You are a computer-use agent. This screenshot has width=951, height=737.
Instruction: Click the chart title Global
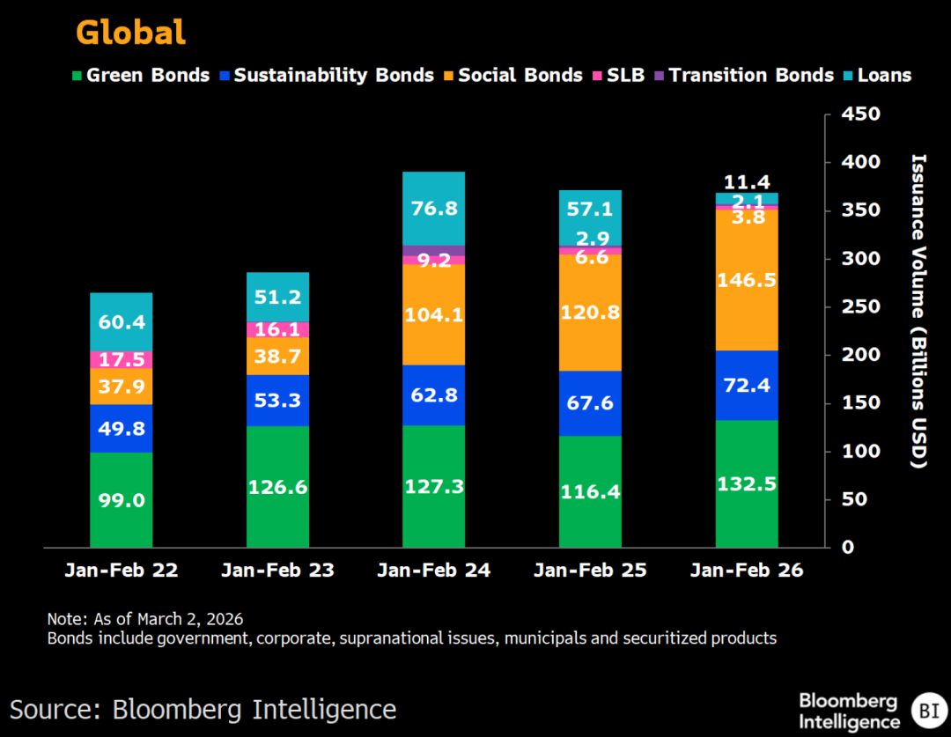[x=130, y=33]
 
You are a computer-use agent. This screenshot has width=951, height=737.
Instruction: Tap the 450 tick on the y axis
[x=851, y=114]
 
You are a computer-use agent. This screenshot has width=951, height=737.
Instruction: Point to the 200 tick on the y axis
[x=851, y=355]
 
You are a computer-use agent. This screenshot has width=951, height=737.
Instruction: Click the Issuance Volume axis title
[x=918, y=311]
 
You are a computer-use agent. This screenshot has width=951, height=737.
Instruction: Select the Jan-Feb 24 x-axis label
[x=433, y=571]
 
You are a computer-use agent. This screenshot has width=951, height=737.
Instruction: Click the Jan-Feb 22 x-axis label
[x=121, y=571]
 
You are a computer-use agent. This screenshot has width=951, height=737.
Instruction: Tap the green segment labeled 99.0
[x=121, y=499]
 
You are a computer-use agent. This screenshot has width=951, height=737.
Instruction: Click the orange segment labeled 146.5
[x=747, y=280]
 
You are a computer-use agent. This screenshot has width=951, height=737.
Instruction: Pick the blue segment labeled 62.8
[x=433, y=395]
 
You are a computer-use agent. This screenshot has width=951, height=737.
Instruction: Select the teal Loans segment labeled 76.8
[x=433, y=209]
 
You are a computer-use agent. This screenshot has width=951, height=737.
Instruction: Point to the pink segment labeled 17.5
[x=121, y=360]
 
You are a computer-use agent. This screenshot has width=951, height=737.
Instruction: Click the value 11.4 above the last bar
[x=747, y=182]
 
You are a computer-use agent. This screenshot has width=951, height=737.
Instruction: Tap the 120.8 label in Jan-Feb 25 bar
[x=590, y=312]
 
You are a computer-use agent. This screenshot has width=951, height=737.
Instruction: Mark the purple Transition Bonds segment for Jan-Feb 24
[x=433, y=250]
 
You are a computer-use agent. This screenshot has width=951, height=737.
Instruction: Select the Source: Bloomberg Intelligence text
[x=203, y=709]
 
